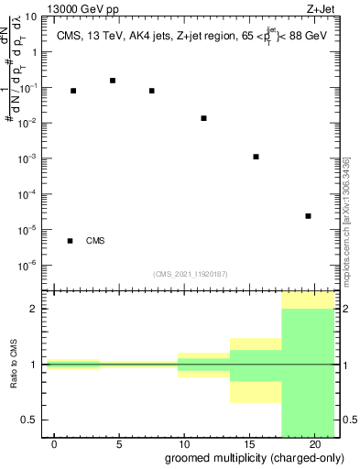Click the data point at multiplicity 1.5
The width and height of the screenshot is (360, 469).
tap(73, 91)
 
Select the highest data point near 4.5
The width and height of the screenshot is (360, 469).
tap(113, 81)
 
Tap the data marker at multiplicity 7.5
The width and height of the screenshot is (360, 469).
tap(151, 91)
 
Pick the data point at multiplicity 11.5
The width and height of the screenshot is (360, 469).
tap(203, 118)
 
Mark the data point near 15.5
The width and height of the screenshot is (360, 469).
tap(256, 157)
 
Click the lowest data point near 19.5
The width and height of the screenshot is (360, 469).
tap(308, 216)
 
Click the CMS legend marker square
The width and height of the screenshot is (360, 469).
tap(70, 241)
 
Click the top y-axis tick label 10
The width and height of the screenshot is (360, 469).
tap(31, 16)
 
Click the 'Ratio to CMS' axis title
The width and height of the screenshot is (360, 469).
tap(14, 365)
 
